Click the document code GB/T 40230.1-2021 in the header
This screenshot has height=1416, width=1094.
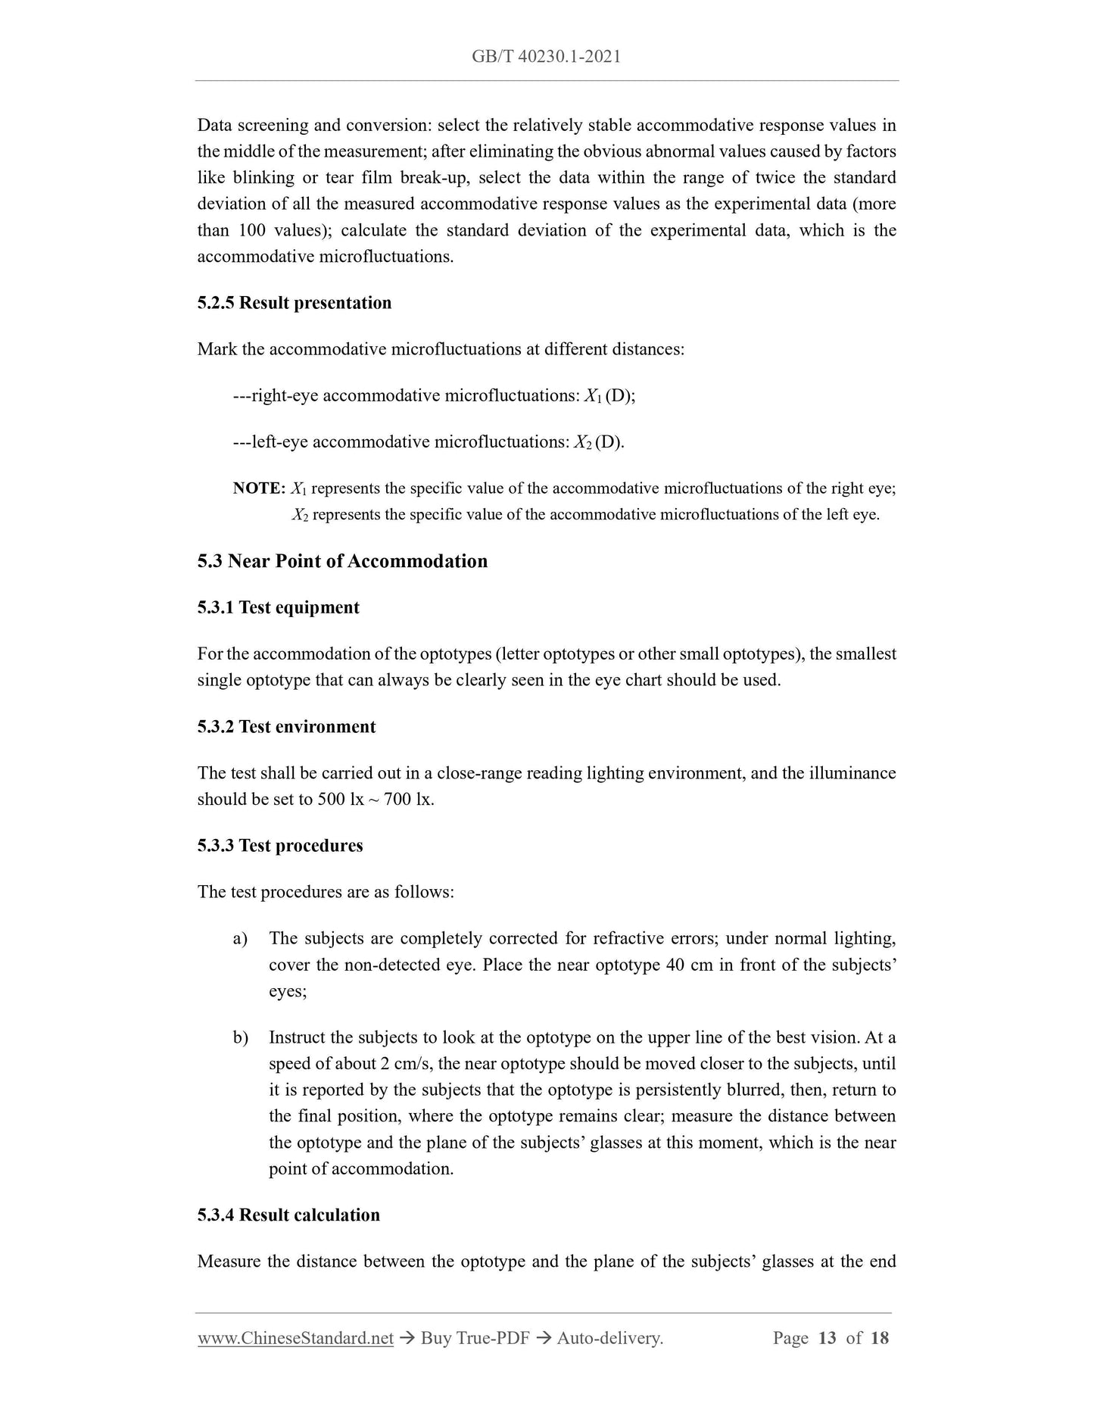coord(546,57)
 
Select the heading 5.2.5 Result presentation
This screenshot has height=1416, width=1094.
coord(295,303)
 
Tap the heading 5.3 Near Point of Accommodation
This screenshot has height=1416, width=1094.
coord(342,561)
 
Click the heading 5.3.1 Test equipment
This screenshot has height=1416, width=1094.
coord(278,607)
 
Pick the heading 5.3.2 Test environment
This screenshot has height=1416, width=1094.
coord(286,727)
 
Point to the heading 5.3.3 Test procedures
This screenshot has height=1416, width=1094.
coord(280,846)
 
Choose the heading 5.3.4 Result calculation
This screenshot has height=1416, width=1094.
coord(288,1215)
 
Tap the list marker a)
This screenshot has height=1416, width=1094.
coord(241,939)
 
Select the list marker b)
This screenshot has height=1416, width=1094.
coord(241,1037)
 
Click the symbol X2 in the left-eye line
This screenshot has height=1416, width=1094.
coord(582,442)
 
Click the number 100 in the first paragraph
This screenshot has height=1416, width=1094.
coord(251,230)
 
